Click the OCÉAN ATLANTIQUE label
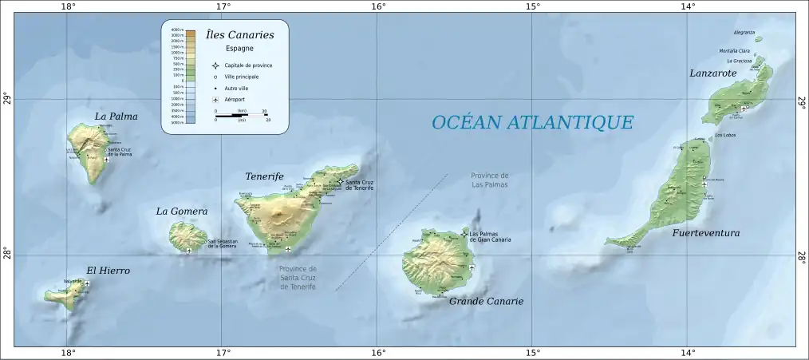[532, 122]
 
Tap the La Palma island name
[116, 117]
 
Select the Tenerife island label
[264, 176]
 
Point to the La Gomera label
[182, 212]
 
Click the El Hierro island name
[109, 271]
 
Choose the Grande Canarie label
[486, 302]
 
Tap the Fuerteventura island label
[705, 233]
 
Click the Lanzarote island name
[712, 73]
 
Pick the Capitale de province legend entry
[248, 65]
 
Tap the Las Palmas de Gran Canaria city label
[490, 236]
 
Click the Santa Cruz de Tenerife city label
[361, 184]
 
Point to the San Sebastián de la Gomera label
[223, 243]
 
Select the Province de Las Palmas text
[489, 180]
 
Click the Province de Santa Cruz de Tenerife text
[298, 277]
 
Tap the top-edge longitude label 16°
[377, 7]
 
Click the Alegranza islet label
[744, 33]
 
